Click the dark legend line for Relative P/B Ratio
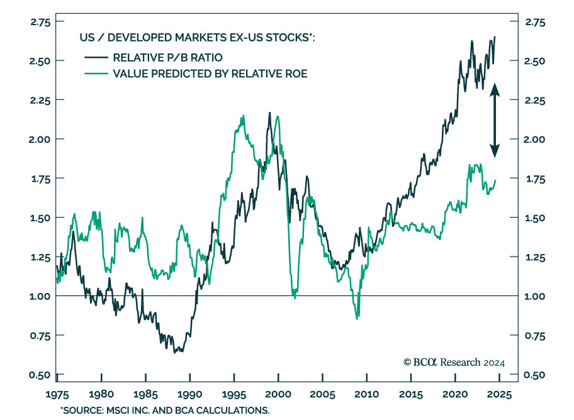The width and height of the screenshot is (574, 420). coord(97,57)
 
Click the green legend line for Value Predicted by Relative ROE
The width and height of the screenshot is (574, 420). coord(97,74)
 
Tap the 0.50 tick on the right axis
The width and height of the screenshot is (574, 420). coord(534,375)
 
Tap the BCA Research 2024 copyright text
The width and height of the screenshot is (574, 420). coord(454,362)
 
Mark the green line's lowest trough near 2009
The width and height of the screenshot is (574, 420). coord(357,318)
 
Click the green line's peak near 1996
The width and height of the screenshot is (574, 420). coord(243,116)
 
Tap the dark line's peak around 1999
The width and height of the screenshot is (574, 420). coord(270,113)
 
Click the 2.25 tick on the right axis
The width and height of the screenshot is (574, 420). coord(534,101)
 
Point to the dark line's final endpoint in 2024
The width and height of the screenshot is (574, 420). coord(495,37)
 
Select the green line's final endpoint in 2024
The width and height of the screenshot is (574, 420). coord(495,180)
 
